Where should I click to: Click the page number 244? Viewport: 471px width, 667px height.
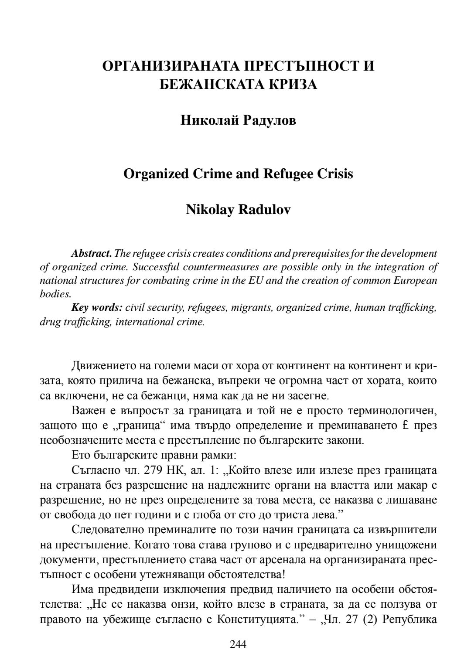pos(238,644)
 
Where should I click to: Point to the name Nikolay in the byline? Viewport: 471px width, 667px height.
pos(210,210)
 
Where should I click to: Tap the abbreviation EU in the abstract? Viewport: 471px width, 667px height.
pos(256,280)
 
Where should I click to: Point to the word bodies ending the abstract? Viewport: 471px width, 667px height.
pos(55,294)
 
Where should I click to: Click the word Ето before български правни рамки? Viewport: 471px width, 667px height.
pos(81,455)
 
